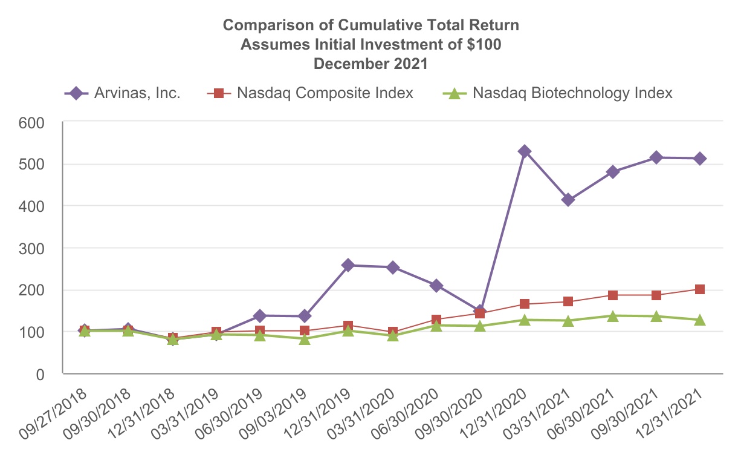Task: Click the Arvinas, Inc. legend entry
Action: (x=123, y=93)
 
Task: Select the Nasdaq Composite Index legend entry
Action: (x=311, y=93)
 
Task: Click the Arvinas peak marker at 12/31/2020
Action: (x=525, y=151)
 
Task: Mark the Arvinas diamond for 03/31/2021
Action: (x=568, y=200)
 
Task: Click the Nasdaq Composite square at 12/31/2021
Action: (x=700, y=289)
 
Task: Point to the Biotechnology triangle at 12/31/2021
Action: (x=700, y=320)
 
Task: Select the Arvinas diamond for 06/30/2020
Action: (x=436, y=286)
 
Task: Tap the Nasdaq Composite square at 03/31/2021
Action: (x=568, y=301)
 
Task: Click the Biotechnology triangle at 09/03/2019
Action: (x=305, y=339)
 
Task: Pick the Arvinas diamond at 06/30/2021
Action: (x=612, y=172)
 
